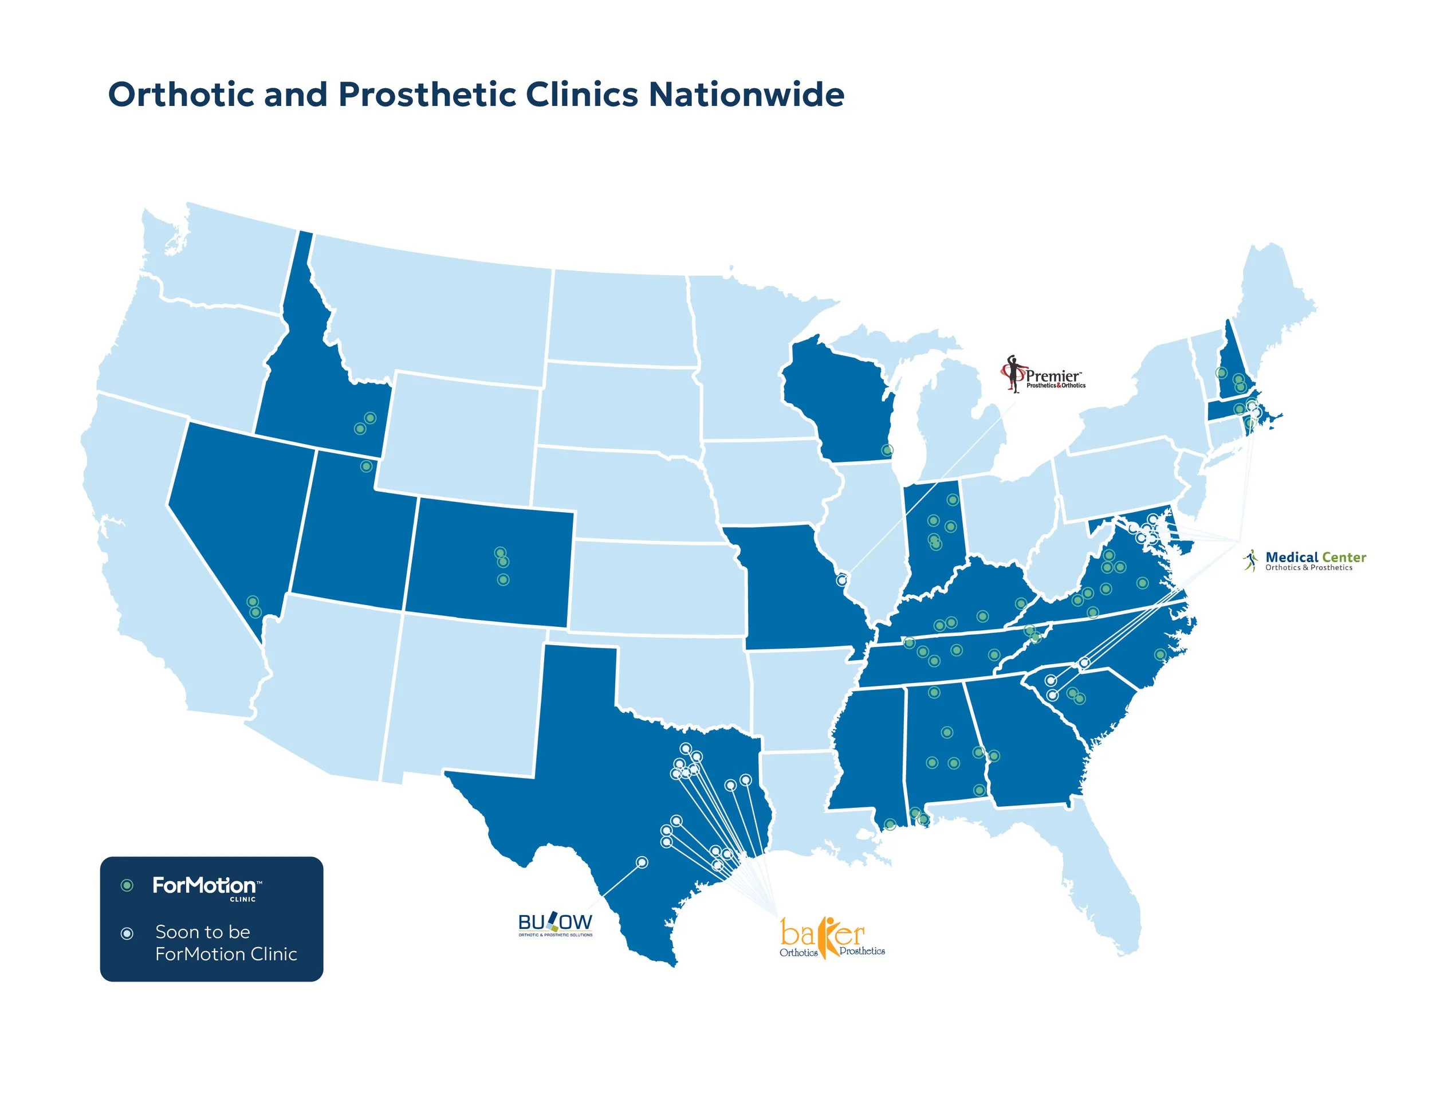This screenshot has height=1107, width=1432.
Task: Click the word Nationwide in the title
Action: pyautogui.click(x=746, y=95)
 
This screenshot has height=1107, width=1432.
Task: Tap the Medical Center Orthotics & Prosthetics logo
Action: pyautogui.click(x=1304, y=561)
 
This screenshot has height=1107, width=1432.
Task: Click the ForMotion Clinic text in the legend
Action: pyautogui.click(x=204, y=886)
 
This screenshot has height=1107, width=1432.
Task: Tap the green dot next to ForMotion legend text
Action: pyautogui.click(x=127, y=886)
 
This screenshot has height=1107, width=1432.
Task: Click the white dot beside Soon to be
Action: pyautogui.click(x=127, y=933)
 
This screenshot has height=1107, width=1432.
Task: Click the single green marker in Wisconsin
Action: pyautogui.click(x=887, y=450)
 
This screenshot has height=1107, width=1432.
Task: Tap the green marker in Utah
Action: pyautogui.click(x=367, y=466)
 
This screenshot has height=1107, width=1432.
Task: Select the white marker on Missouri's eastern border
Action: pyautogui.click(x=842, y=580)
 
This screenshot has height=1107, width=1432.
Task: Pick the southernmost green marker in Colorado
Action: pyautogui.click(x=503, y=580)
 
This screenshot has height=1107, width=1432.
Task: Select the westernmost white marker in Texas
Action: pyautogui.click(x=643, y=862)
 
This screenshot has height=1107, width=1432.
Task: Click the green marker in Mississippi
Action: pyautogui.click(x=890, y=825)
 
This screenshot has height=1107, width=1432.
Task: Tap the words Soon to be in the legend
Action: pyautogui.click(x=203, y=932)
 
